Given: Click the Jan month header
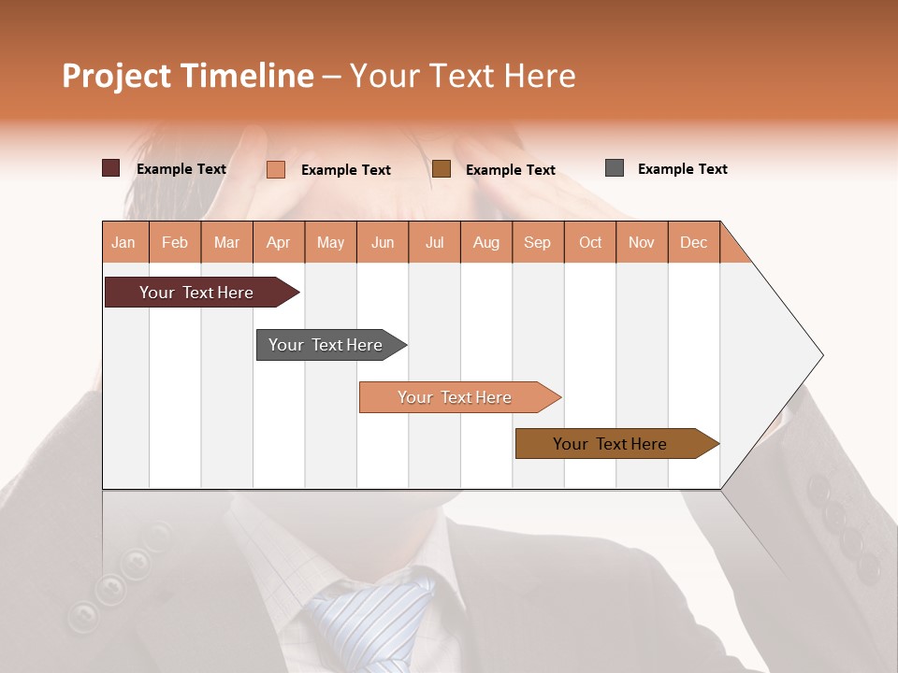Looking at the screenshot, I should point(124,242).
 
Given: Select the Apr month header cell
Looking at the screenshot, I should point(279,242).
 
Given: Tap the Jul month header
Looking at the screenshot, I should point(434,242).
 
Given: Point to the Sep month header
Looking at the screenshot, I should point(537,242).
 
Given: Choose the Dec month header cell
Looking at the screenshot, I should point(693,242).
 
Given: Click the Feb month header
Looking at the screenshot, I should point(175,242).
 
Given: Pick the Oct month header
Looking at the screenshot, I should point(590,242).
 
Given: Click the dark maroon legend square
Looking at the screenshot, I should point(110,168).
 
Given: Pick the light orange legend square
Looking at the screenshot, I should point(276,169).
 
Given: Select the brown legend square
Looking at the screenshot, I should point(442,169).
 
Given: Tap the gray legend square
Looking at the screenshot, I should point(615,168).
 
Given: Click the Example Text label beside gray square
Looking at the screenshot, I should point(682,168).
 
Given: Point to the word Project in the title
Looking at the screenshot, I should point(117,76).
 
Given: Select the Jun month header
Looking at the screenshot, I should point(383,242).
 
